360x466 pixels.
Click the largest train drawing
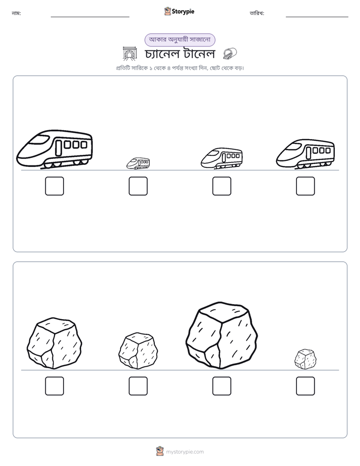click(x=54, y=149)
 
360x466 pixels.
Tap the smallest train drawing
click(x=138, y=163)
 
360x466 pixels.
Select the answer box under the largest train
click(x=54, y=186)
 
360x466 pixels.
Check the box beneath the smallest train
click(x=138, y=186)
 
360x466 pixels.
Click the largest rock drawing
click(x=221, y=335)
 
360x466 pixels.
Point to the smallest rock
click(x=306, y=359)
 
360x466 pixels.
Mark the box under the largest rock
click(x=221, y=386)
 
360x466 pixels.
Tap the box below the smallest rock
click(x=306, y=386)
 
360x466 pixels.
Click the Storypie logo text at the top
click(x=183, y=12)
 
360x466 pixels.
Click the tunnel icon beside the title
click(x=130, y=54)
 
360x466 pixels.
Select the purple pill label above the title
click(x=179, y=40)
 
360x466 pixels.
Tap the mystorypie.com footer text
click(x=185, y=452)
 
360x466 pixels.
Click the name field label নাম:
click(x=16, y=13)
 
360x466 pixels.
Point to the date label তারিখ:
click(x=257, y=13)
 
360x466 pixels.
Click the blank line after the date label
click(x=317, y=17)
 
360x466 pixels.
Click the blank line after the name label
click(x=90, y=17)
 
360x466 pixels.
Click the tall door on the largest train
click(x=59, y=148)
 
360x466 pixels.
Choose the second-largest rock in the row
click(x=54, y=343)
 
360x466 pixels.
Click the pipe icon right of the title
click(x=230, y=54)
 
